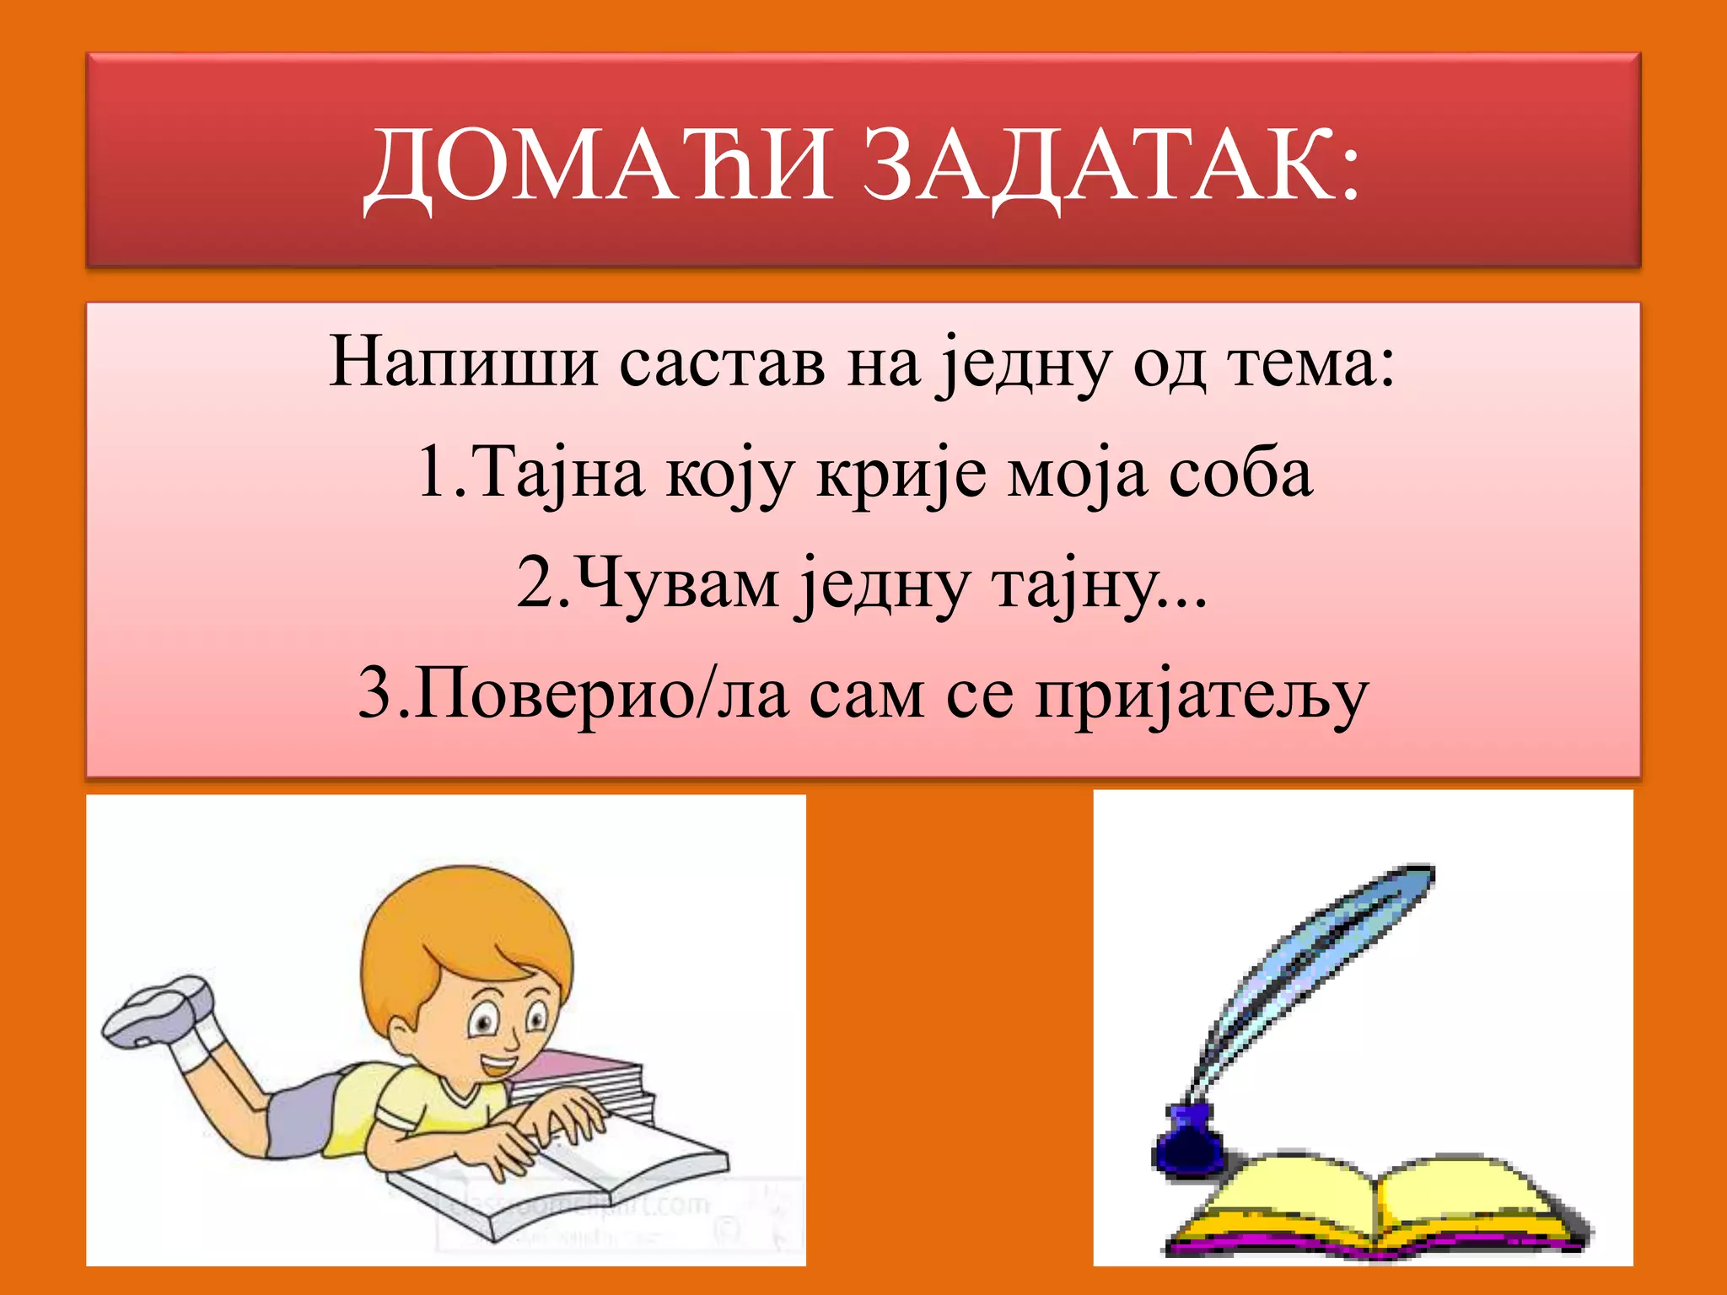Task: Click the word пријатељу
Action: coord(1201,696)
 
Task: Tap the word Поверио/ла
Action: coord(600,695)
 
